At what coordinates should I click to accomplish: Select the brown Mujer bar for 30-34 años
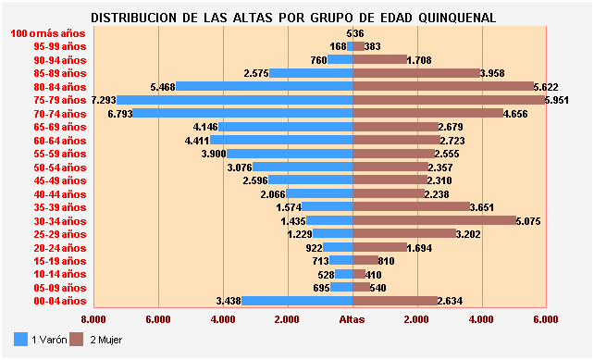(x=435, y=221)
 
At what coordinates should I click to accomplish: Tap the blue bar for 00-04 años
(x=298, y=301)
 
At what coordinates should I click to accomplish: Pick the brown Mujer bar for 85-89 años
(x=416, y=72)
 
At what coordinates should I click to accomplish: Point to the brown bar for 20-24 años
(x=379, y=247)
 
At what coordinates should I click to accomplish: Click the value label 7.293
(x=104, y=99)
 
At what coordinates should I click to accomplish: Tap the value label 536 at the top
(x=354, y=33)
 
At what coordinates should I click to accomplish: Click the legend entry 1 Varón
(x=43, y=340)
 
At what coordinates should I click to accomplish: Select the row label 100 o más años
(x=48, y=32)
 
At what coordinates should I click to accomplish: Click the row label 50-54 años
(x=59, y=167)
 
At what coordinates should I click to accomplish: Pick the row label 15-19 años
(x=59, y=261)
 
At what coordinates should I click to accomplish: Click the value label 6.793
(x=120, y=113)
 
